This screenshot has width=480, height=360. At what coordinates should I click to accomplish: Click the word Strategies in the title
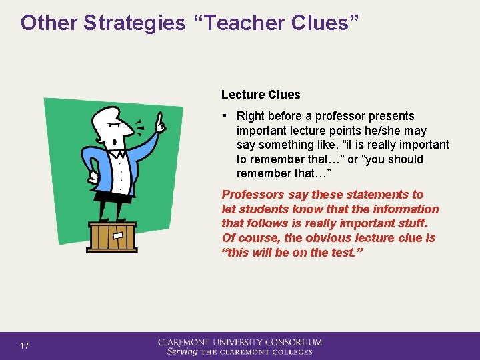[x=134, y=23]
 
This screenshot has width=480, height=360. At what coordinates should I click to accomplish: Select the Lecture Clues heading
[x=261, y=95]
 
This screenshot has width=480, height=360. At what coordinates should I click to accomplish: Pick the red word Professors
[x=253, y=195]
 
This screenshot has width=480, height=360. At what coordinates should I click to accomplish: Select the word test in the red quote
[x=343, y=253]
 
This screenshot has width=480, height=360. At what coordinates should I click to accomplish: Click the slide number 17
[x=25, y=346]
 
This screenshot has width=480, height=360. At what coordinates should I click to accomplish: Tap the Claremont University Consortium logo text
[x=239, y=342]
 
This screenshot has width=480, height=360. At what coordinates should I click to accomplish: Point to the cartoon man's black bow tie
[x=119, y=155]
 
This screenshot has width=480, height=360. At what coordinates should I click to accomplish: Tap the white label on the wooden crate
[x=119, y=235]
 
